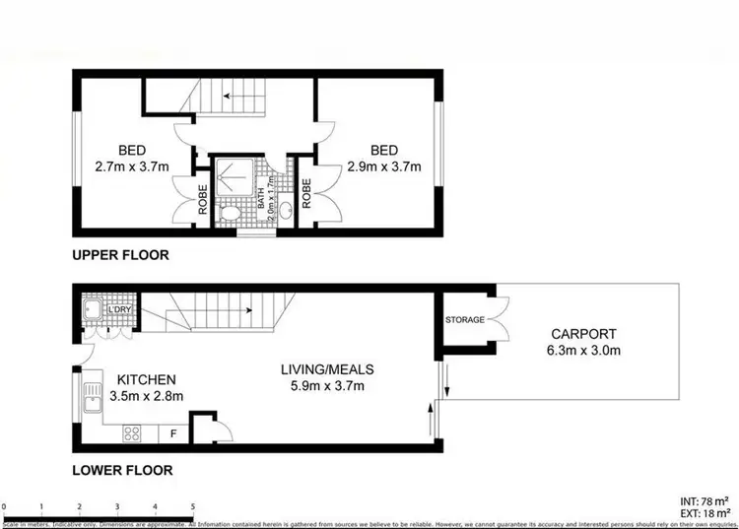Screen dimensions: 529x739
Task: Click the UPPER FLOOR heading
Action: [120, 255]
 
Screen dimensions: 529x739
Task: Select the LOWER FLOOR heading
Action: [122, 471]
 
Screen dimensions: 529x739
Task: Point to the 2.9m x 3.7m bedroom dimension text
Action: [383, 166]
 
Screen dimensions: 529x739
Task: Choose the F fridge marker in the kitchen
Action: [173, 432]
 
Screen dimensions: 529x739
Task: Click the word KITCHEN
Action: [146, 379]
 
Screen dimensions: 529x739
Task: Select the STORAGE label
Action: [464, 320]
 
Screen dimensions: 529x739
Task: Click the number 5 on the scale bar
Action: [192, 506]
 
